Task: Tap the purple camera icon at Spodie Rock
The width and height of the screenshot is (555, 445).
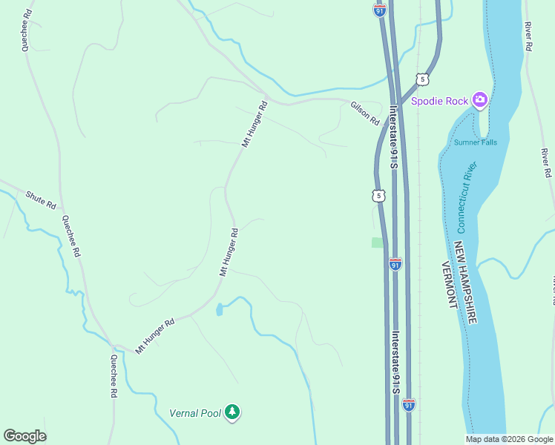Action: [x=480, y=99]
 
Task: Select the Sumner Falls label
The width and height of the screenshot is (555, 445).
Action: [x=476, y=142]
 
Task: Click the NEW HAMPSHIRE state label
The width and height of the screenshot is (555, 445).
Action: [x=466, y=282]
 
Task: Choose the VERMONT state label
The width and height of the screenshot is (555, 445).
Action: [x=448, y=285]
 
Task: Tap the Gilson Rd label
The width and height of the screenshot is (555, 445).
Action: [x=365, y=113]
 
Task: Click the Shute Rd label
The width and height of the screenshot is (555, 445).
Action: [x=41, y=200]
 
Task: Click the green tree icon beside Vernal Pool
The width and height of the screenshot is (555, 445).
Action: [x=233, y=412]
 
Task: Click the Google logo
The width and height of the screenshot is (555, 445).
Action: [x=24, y=436]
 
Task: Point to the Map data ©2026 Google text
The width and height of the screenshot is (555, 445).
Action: [x=509, y=439]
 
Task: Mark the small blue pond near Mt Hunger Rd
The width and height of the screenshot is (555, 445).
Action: [x=219, y=309]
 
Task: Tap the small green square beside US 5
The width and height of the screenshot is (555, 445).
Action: [x=378, y=243]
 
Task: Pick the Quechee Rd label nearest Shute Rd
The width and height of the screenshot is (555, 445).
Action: [x=71, y=236]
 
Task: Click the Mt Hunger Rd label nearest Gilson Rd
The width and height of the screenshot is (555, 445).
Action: [x=253, y=123]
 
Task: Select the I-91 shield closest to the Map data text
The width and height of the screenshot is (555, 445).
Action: [x=409, y=405]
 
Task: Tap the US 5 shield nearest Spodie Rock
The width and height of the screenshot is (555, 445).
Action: [x=421, y=79]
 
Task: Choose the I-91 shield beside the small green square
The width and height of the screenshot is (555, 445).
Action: [x=395, y=264]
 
